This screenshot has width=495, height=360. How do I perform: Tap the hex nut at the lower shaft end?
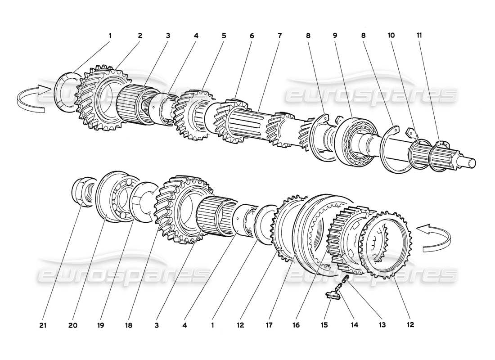point(84,193)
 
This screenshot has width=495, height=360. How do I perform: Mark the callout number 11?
point(419,35)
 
